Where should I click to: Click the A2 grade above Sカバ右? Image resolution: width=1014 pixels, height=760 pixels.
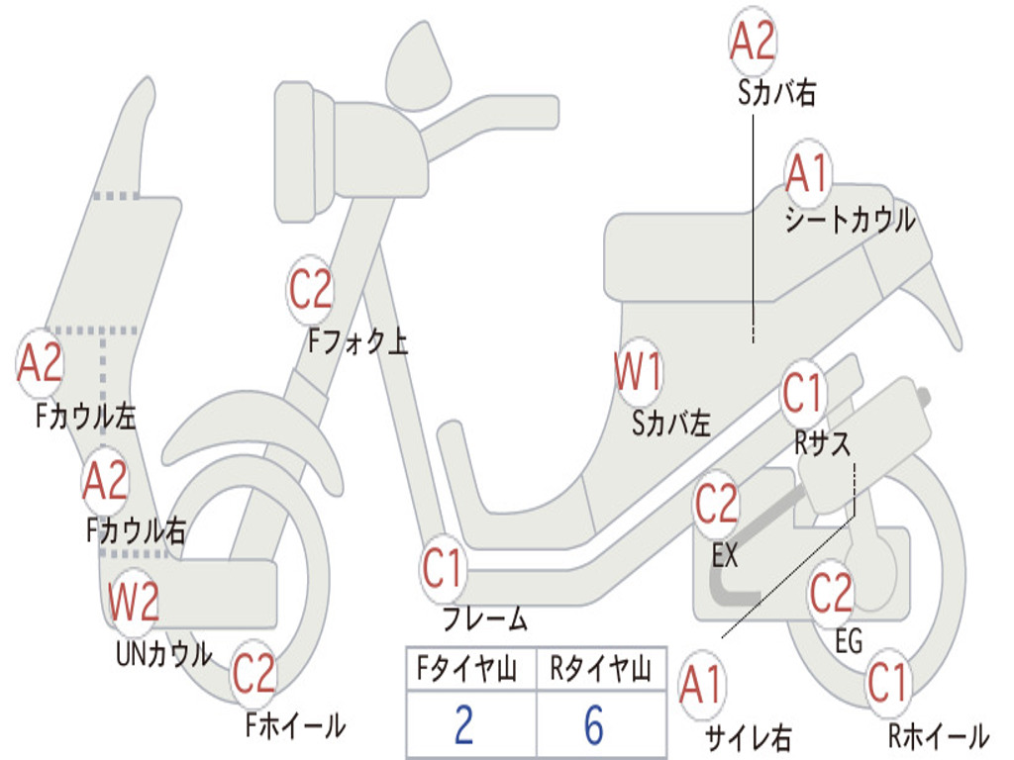(753, 42)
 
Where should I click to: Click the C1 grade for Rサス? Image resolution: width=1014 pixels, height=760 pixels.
(803, 394)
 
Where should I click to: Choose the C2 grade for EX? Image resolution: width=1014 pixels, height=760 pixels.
(717, 505)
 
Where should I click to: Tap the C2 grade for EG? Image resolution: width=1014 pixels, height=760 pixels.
(831, 593)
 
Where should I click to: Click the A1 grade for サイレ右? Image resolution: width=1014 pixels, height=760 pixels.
(701, 685)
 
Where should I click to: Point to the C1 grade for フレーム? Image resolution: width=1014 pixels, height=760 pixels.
(443, 569)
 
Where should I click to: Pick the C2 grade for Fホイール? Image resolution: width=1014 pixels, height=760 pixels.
(254, 674)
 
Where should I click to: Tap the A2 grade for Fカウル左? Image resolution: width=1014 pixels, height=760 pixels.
(41, 363)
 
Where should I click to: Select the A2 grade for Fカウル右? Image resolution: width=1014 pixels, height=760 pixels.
(105, 482)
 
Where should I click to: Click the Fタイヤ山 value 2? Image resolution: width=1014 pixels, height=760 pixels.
(463, 725)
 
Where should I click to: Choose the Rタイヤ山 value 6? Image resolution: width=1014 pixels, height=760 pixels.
(594, 725)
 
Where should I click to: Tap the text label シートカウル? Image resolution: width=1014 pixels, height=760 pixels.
(850, 220)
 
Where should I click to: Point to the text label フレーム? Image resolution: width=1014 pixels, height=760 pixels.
(484, 620)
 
